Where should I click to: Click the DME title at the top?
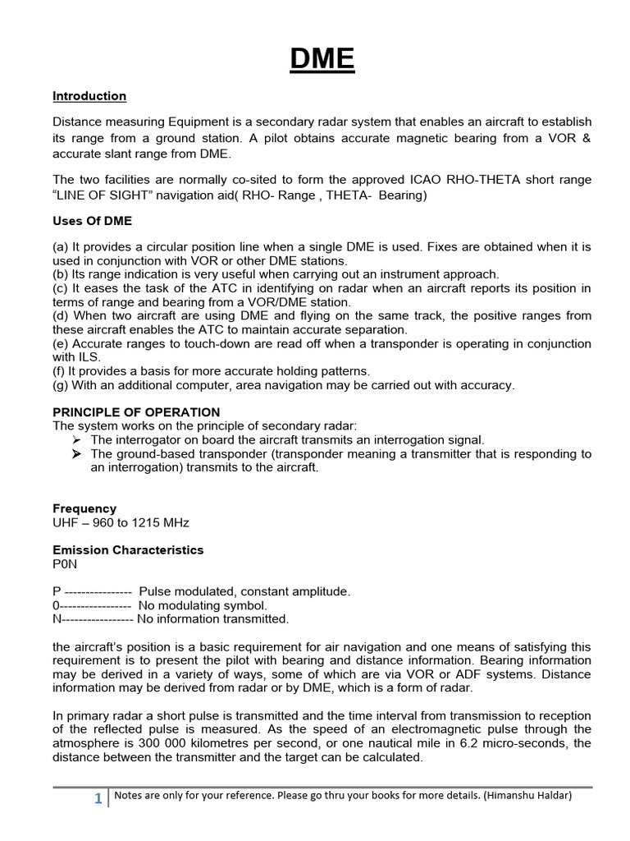pyautogui.click(x=322, y=59)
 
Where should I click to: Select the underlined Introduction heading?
pyautogui.click(x=89, y=96)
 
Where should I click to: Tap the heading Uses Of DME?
pyautogui.click(x=92, y=221)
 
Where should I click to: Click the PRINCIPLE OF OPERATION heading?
pyautogui.click(x=136, y=411)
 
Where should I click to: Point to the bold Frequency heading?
pyautogui.click(x=84, y=508)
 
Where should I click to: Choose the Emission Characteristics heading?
pyautogui.click(x=128, y=549)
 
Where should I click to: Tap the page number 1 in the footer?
pyautogui.click(x=98, y=798)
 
